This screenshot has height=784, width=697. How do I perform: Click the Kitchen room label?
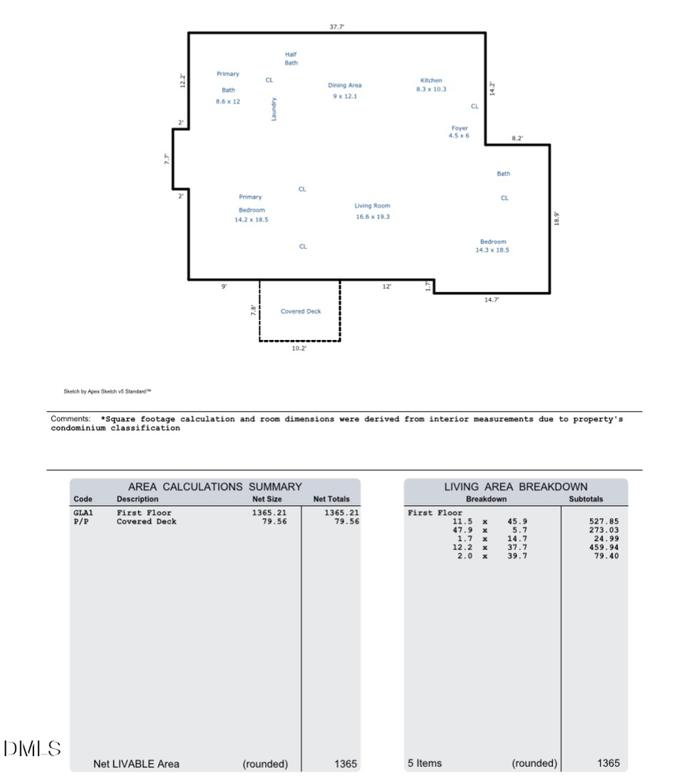tap(431, 81)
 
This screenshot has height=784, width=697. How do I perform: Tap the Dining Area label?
tap(345, 85)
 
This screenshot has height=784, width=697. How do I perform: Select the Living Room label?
tap(373, 206)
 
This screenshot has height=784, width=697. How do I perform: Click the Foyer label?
tap(459, 129)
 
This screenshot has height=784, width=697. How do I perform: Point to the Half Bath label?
tap(290, 59)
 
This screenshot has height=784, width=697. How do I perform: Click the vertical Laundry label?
tap(273, 108)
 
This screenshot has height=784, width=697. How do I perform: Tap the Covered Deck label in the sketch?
tap(300, 311)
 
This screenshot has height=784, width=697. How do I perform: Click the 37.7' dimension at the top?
tap(337, 26)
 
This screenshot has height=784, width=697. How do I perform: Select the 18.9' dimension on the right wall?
tap(557, 219)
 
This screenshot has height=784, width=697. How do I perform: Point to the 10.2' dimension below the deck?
tap(299, 349)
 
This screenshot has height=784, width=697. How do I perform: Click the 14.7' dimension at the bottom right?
tap(492, 301)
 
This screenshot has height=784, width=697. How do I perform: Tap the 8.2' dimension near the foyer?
tap(517, 139)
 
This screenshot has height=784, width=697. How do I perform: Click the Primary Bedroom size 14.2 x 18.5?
tap(251, 220)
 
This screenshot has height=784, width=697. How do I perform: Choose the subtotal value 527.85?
tap(603, 521)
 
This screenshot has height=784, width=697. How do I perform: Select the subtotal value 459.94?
tap(603, 547)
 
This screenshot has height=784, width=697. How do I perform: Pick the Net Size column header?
tap(267, 500)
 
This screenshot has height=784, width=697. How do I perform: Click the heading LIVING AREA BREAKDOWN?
tap(516, 487)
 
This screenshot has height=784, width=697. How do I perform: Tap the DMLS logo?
tap(32, 749)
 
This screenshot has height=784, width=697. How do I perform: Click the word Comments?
tap(70, 419)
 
